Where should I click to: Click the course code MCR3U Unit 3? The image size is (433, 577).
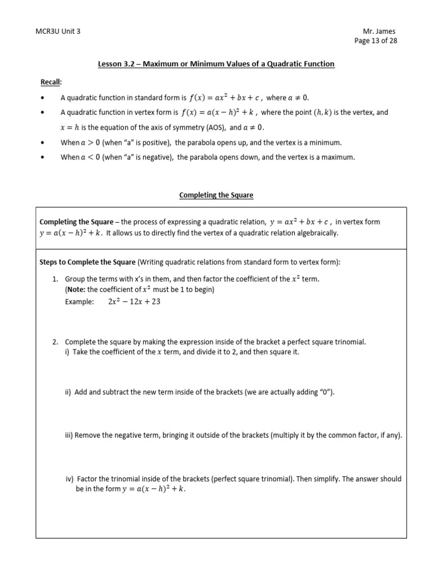58,32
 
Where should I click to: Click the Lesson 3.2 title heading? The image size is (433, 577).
216,64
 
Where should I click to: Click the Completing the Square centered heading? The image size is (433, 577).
216,195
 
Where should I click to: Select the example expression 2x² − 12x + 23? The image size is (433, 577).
134,301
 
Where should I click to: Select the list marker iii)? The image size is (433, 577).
69,436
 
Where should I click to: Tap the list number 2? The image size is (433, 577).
55,342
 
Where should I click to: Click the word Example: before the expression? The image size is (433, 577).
79,302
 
